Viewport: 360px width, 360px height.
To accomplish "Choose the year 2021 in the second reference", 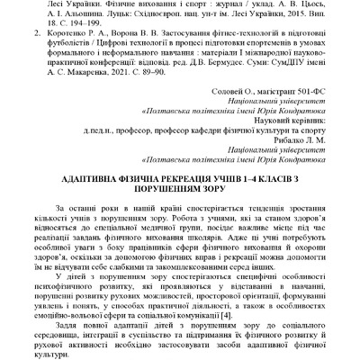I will tap(119, 67).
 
